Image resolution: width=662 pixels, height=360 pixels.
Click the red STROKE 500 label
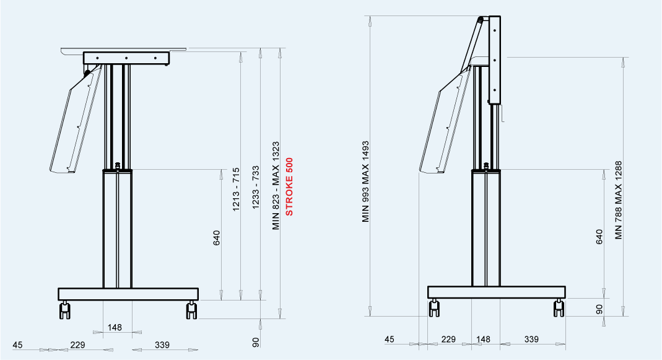[289, 187]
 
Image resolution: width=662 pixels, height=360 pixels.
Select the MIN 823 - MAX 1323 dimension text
[276, 186]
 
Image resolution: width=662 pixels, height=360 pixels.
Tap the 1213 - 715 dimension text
[236, 190]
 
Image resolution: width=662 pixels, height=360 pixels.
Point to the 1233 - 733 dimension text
[256, 188]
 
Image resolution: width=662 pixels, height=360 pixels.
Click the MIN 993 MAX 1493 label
[365, 182]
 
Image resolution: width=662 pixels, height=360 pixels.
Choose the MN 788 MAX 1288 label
[619, 200]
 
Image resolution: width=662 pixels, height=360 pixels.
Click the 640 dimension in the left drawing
[217, 238]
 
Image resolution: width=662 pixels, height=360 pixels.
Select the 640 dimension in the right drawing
[599, 237]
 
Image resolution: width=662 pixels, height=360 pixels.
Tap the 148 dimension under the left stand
[115, 327]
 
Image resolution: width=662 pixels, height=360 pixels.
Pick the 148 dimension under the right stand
[483, 340]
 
